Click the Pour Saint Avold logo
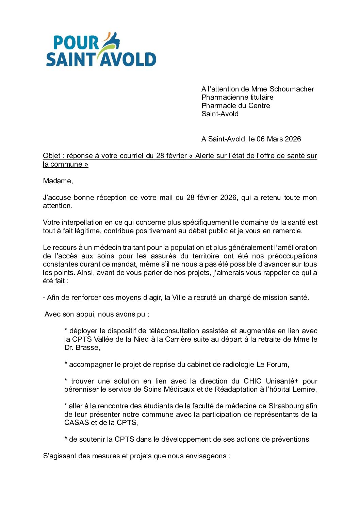tap(101, 50)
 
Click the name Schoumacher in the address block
tap(292, 89)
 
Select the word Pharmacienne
tap(222, 97)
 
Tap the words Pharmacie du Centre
tap(235, 106)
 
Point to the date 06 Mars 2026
tap(279, 139)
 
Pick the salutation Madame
tap(58, 181)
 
